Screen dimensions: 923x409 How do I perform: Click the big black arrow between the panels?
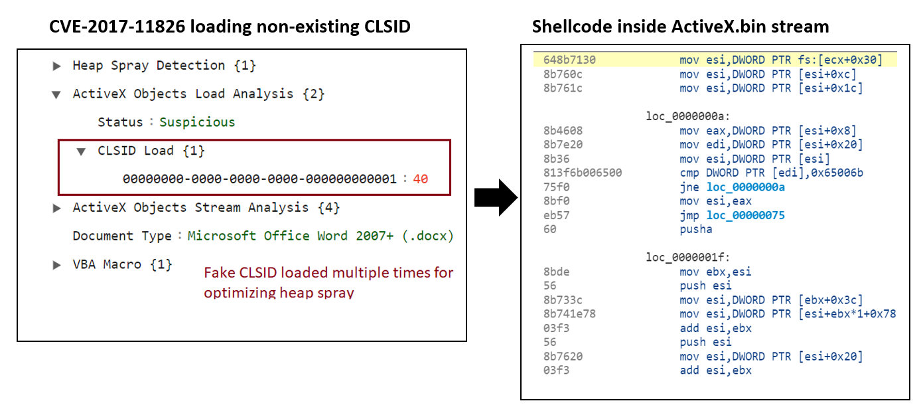click(x=496, y=197)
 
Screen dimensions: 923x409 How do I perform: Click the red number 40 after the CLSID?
click(x=420, y=179)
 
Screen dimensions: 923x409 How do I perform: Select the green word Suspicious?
click(x=197, y=122)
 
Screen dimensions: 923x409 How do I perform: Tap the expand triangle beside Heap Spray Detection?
click(x=57, y=66)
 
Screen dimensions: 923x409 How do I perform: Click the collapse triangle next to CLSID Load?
click(x=81, y=152)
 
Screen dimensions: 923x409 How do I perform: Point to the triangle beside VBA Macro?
click(x=57, y=265)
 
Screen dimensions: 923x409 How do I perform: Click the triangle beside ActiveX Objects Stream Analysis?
click(x=57, y=208)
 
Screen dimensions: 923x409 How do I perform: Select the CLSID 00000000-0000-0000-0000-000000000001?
click(x=259, y=179)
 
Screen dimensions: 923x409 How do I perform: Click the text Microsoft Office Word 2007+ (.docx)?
click(x=320, y=236)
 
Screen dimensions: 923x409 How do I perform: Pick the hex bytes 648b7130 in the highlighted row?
click(x=569, y=60)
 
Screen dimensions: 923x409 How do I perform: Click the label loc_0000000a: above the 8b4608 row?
click(x=687, y=116)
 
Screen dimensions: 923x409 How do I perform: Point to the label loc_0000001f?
click(x=687, y=258)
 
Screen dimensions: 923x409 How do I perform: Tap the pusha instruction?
click(x=696, y=229)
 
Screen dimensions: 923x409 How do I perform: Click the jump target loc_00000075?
click(x=746, y=215)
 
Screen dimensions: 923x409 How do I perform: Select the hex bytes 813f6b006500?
click(x=583, y=173)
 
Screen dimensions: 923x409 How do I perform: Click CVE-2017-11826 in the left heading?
click(x=117, y=27)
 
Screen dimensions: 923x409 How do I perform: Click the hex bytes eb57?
click(x=556, y=215)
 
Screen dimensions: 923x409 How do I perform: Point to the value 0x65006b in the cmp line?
click(x=837, y=173)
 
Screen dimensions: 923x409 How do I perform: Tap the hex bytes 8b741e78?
click(x=569, y=314)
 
